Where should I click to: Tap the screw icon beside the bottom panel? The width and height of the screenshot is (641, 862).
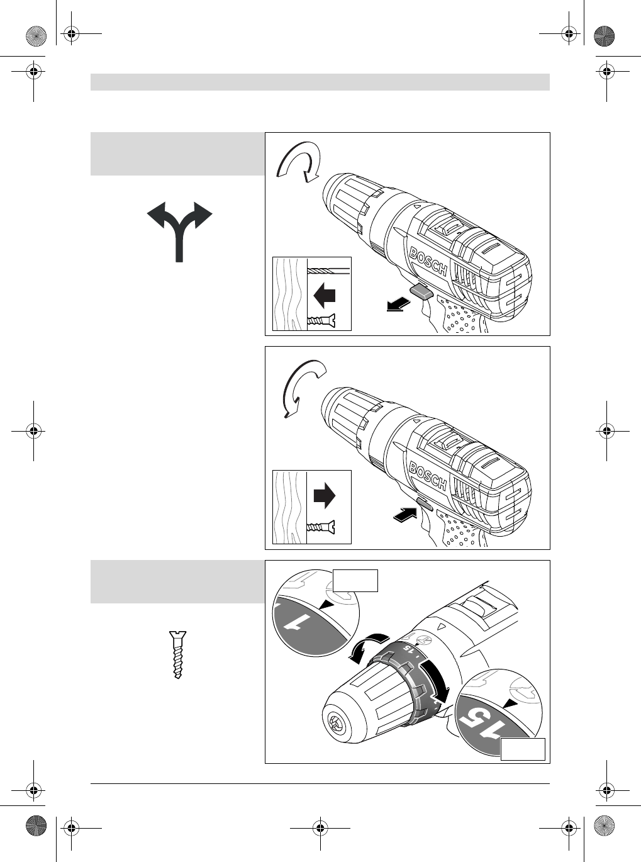point(179,654)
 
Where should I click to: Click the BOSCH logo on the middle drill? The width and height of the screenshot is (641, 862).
point(428,476)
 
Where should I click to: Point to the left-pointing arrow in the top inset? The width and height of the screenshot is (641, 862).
point(324,294)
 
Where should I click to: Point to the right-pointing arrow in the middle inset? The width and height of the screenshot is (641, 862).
point(325,496)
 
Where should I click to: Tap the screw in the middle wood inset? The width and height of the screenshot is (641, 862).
point(321,526)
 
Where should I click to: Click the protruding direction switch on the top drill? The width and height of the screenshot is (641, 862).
point(421,291)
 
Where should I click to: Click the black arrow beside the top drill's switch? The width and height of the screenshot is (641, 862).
point(397,305)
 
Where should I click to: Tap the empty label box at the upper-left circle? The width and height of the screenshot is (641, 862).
point(355,580)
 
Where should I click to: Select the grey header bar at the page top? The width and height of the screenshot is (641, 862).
point(320,82)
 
